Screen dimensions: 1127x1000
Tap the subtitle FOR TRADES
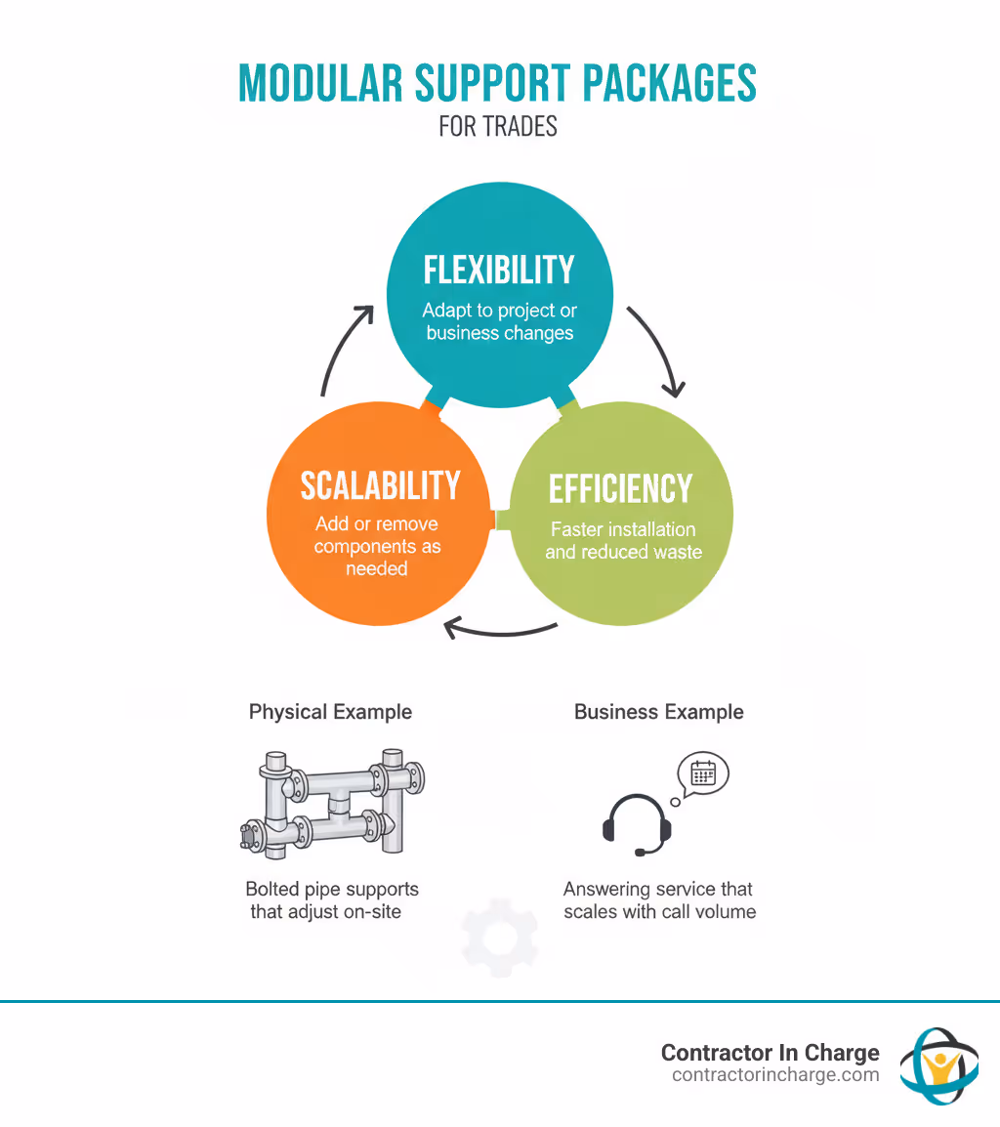pos(498,127)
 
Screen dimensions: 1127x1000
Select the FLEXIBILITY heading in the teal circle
pos(499,271)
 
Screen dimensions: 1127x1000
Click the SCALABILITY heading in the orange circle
pos(380,485)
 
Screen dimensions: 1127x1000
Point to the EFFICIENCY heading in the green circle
pos(620,488)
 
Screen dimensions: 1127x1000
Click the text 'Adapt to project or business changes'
pos(500,322)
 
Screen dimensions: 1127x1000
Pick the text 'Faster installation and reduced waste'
pos(623,541)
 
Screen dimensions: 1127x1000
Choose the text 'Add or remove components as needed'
pos(377,546)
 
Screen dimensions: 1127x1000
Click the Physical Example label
pos(330,712)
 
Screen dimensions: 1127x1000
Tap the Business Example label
pos(658,712)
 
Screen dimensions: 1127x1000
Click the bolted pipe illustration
pos(332,802)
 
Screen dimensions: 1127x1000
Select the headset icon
pos(637,825)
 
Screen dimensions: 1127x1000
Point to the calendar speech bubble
pos(702,774)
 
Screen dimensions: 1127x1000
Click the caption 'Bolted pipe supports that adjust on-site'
pos(332,900)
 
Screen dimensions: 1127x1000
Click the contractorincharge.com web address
pos(775,1075)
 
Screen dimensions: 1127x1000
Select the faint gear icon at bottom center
pos(499,938)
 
